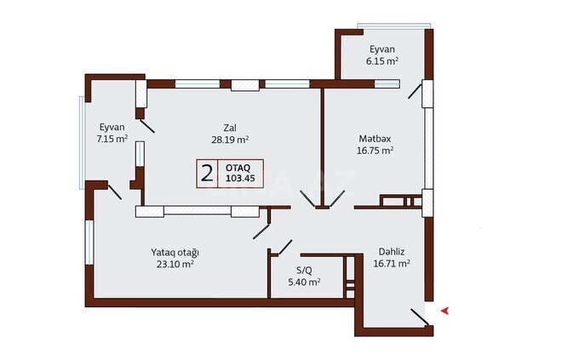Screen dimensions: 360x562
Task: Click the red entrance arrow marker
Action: pyautogui.click(x=443, y=313)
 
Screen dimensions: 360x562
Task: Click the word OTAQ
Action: pyautogui.click(x=238, y=168)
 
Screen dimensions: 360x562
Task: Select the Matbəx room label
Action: pyautogui.click(x=375, y=137)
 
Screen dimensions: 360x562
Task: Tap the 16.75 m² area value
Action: pyautogui.click(x=375, y=150)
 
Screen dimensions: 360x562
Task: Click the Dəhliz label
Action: pyautogui.click(x=393, y=251)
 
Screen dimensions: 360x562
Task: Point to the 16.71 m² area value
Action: pyautogui.click(x=393, y=264)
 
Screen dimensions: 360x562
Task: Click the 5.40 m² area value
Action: pyautogui.click(x=302, y=282)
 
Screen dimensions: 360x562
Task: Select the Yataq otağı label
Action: pyautogui.click(x=175, y=252)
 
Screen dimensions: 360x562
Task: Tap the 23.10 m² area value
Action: pyautogui.click(x=175, y=265)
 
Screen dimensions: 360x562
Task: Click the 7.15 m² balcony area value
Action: pyautogui.click(x=112, y=138)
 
